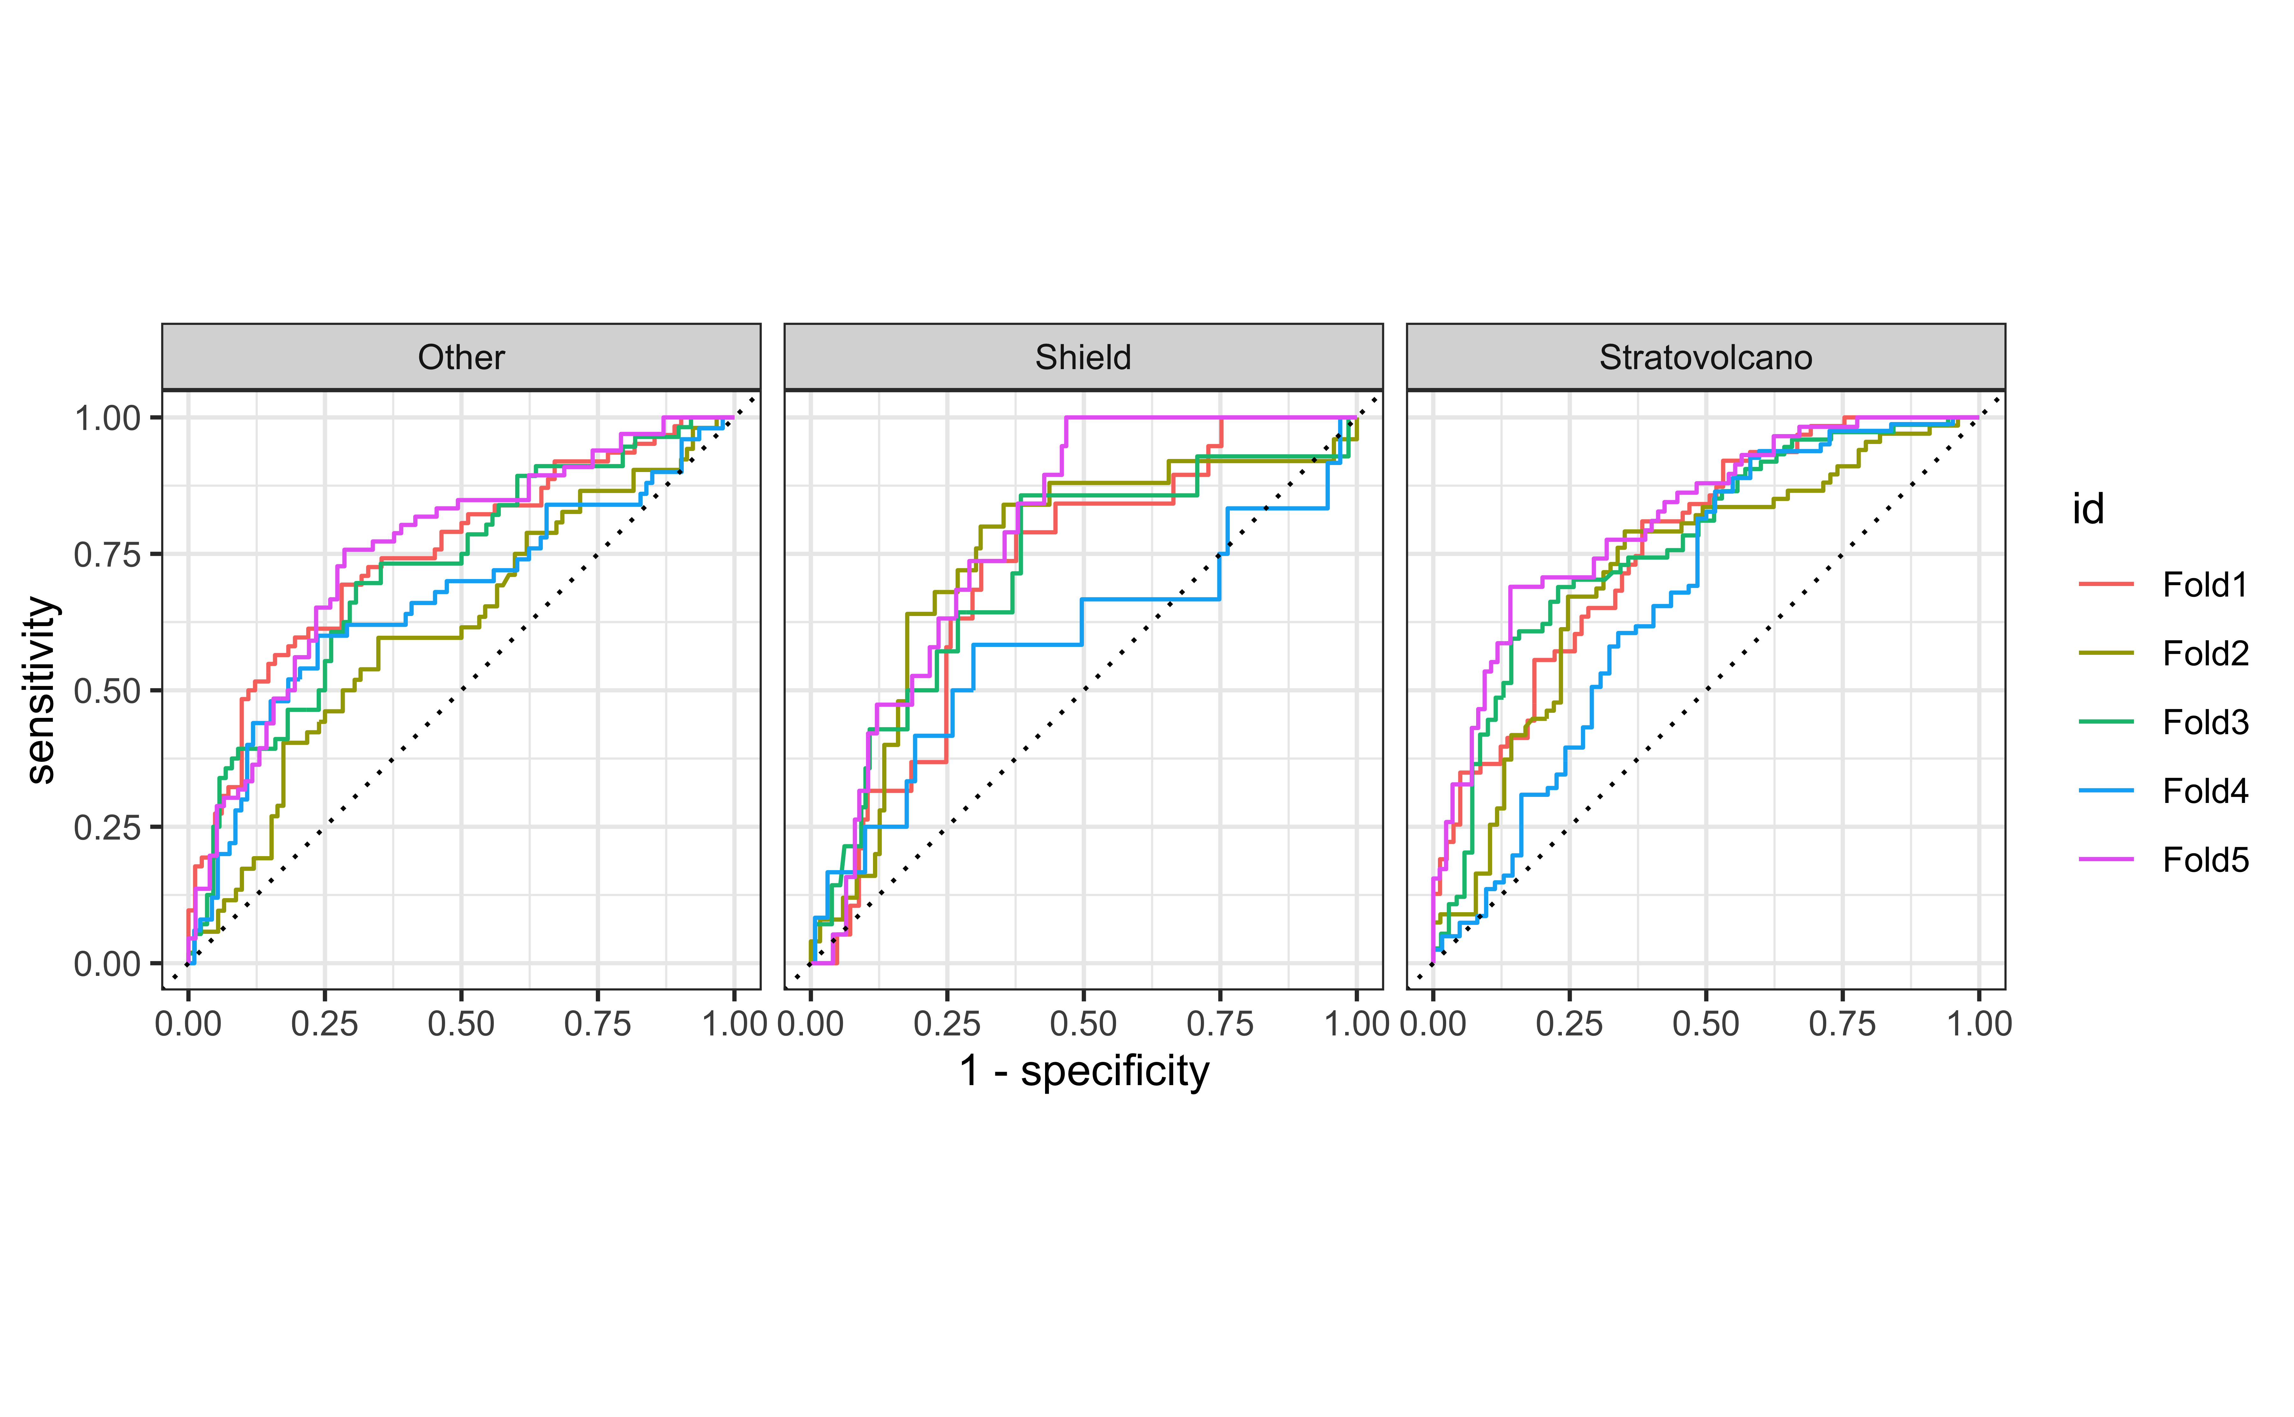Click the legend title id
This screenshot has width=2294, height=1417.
click(x=2089, y=509)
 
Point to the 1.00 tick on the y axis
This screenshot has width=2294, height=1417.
click(x=107, y=418)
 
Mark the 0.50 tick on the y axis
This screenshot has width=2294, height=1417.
click(x=107, y=691)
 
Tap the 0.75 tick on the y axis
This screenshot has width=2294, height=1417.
click(x=107, y=554)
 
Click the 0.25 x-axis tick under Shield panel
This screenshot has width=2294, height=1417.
click(x=947, y=1023)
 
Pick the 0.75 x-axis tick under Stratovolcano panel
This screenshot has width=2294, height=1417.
click(x=1842, y=1023)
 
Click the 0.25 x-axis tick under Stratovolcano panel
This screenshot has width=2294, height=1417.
click(x=1569, y=1023)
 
